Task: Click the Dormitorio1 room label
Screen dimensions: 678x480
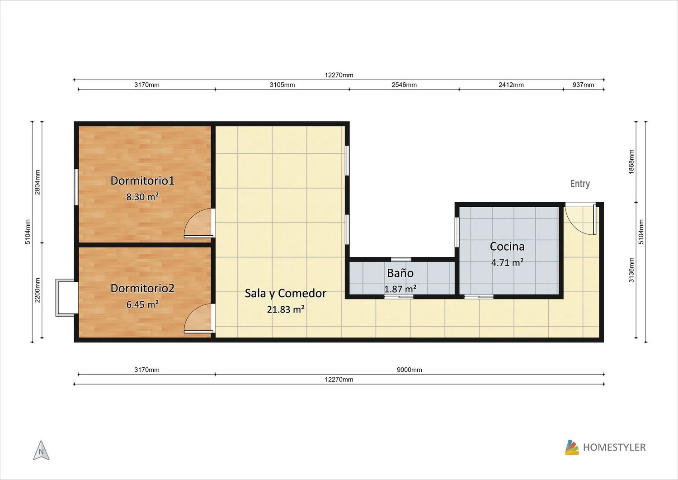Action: point(142,181)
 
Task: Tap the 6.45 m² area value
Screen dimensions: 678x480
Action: point(142,304)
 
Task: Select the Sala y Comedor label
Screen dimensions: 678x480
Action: point(285,293)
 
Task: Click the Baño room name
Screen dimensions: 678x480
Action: point(400,273)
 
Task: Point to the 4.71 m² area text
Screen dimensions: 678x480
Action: point(507,262)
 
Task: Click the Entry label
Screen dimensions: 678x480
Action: point(580,184)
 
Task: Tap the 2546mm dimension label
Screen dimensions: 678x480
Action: point(404,85)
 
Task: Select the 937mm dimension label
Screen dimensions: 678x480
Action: point(583,85)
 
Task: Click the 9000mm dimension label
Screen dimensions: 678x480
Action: point(409,370)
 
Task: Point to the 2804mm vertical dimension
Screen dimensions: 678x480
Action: point(37,182)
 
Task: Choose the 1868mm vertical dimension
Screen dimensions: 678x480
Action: point(631,162)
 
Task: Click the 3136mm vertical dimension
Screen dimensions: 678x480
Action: point(631,270)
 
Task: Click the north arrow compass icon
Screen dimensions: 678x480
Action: point(41,450)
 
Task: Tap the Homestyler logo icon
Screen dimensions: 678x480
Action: point(571,447)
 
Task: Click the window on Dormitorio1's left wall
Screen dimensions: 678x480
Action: point(76,187)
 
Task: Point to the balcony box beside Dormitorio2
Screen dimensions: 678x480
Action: point(66,298)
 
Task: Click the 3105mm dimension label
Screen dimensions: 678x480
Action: point(282,85)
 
